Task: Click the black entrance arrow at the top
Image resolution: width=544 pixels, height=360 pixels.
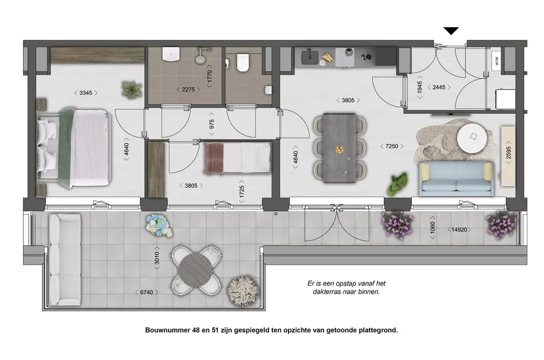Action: (x=451, y=31)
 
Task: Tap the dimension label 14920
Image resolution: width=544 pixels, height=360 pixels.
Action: (x=460, y=230)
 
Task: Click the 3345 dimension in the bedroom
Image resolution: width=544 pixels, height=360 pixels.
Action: (x=85, y=93)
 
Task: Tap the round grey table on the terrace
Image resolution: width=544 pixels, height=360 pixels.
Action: (x=196, y=270)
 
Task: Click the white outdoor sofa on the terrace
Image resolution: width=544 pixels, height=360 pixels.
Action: (x=64, y=259)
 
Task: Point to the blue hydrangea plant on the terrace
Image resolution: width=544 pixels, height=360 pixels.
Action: (x=158, y=225)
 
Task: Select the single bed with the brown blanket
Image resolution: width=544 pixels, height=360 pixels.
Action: (x=237, y=158)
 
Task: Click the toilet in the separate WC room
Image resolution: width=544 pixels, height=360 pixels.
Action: (x=242, y=62)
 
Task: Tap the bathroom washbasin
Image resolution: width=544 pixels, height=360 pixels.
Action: (x=171, y=55)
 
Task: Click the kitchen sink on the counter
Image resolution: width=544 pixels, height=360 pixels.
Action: (x=310, y=56)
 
